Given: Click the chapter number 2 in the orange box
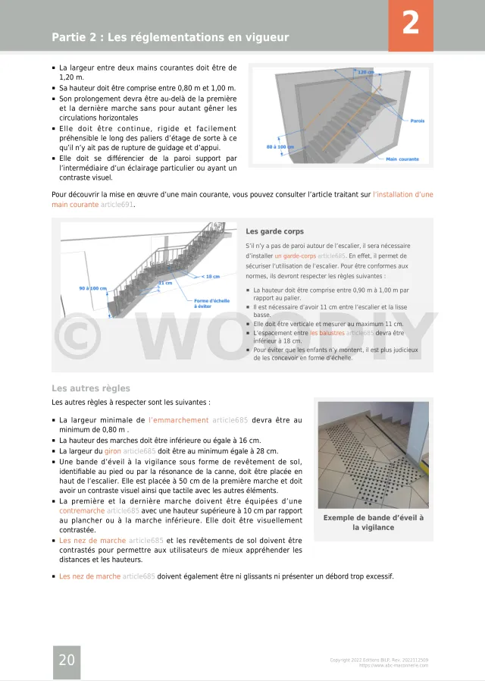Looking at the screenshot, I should (410, 24).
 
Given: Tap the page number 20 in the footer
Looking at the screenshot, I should (67, 661).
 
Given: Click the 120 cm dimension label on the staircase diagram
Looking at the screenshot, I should (366, 72).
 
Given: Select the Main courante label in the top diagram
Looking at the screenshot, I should (402, 159).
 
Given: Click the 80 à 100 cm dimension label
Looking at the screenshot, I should (280, 147).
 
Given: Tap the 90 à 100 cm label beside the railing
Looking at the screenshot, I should (93, 288).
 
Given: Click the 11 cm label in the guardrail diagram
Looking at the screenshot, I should (164, 283).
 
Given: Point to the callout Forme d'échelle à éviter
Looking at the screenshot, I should (211, 303).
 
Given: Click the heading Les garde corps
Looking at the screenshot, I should (275, 231).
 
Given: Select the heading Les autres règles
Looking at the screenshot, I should (80, 388).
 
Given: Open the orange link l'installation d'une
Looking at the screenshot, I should (403, 195).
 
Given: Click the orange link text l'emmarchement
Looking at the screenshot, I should (179, 420).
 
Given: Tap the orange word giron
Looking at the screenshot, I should (112, 450).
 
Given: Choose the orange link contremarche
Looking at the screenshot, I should (82, 511).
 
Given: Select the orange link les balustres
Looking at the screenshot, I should (327, 333).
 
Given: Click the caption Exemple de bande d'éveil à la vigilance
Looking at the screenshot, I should (374, 523).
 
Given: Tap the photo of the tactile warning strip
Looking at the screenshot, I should (374, 455).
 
